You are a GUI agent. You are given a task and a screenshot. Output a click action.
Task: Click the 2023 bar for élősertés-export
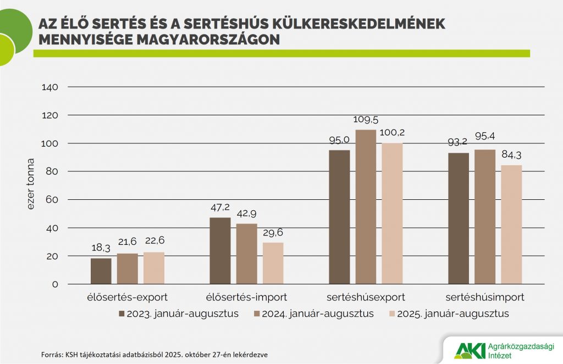[x=101, y=271]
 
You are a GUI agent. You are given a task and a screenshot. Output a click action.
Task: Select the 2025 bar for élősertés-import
[x=273, y=264]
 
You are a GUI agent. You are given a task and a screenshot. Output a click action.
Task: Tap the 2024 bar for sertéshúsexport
[x=366, y=207]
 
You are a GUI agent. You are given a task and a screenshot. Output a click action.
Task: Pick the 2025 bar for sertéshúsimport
[x=511, y=225]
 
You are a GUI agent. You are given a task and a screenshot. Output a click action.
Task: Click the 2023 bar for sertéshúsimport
[x=458, y=219]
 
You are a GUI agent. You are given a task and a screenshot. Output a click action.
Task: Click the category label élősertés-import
[x=247, y=298]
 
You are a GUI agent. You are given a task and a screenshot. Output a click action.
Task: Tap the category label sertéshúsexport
[x=366, y=298]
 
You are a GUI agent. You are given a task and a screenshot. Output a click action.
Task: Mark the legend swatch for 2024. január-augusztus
[x=257, y=314]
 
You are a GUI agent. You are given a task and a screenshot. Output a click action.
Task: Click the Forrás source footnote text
[x=154, y=355]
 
